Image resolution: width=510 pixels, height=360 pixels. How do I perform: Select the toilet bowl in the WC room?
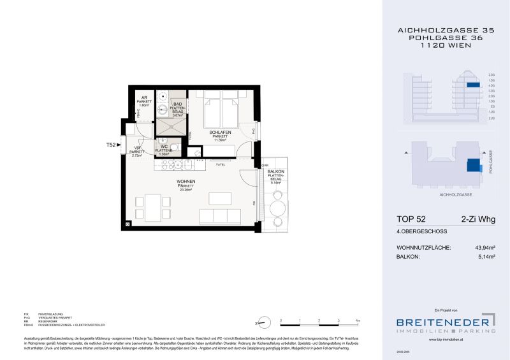click(x=175, y=148)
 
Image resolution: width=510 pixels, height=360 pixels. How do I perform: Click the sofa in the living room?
click(x=219, y=215)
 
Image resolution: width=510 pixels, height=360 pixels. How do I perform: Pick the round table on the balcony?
click(x=277, y=208)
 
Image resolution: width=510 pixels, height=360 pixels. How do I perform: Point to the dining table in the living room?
click(x=152, y=206)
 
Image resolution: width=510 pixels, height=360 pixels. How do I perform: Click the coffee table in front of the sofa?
click(x=221, y=196)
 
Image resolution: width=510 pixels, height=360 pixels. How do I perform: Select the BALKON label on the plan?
click(x=275, y=171)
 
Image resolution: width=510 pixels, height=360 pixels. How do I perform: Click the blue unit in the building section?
click(x=472, y=85)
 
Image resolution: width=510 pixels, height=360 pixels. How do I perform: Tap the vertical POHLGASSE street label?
click(x=491, y=163)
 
